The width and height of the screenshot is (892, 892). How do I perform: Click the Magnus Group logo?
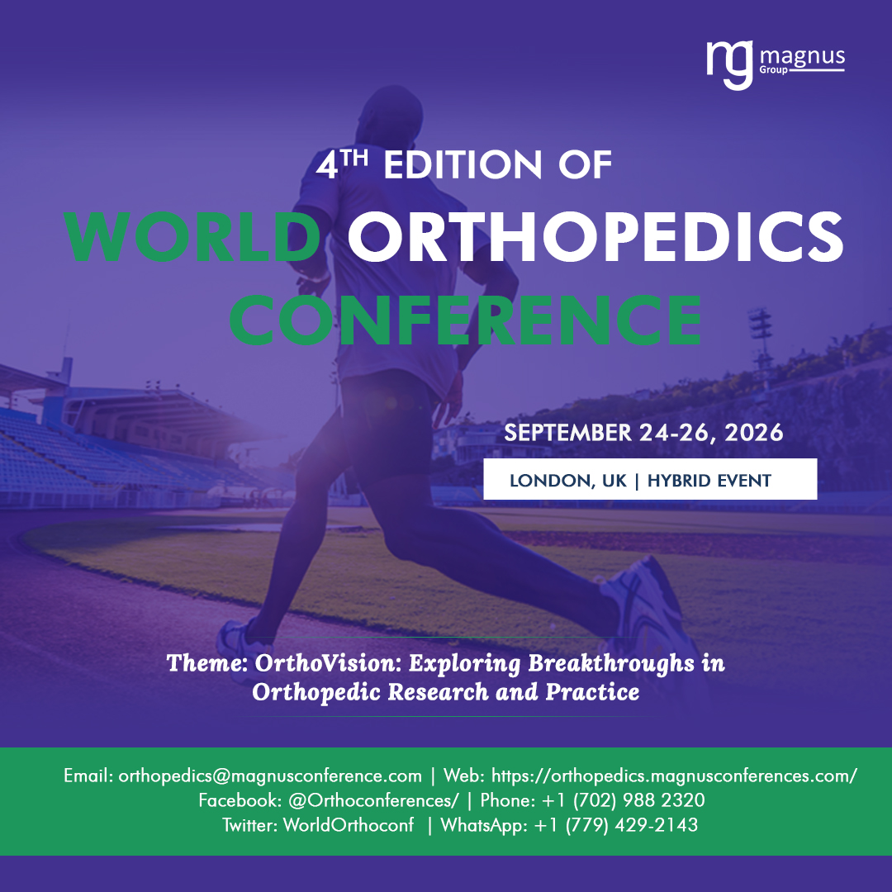point(774,64)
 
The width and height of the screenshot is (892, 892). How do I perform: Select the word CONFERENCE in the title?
point(465,318)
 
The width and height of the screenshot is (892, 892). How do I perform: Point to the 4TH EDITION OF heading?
point(464,164)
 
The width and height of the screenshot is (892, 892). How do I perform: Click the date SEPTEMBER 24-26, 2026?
point(643,433)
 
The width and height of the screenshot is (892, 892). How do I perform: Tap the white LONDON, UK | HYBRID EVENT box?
point(650,480)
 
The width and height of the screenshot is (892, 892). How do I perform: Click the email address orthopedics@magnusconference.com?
point(270,776)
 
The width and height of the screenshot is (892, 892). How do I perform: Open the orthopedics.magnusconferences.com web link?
point(674,776)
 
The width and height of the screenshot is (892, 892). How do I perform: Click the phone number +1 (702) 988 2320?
point(624,800)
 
